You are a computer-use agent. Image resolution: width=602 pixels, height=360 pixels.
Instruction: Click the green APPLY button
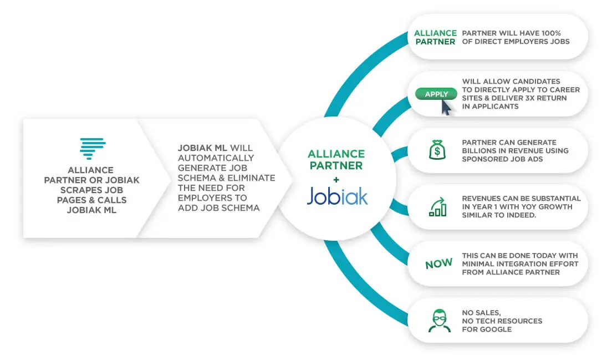point(436,94)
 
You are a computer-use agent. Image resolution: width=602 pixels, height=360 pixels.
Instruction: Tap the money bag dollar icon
point(437,150)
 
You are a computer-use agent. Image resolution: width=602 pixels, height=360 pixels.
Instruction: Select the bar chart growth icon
point(438,207)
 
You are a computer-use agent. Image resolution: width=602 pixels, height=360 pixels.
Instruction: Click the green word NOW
point(439,263)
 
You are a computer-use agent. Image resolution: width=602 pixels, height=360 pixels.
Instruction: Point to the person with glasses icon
point(439,321)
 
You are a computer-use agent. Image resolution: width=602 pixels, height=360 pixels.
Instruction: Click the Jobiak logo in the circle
point(337,196)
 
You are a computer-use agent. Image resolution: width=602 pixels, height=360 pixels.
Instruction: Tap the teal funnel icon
point(93,149)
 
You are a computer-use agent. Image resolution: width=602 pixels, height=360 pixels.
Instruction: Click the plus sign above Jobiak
point(336,179)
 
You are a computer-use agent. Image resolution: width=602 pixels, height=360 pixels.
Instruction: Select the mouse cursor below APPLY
point(446,107)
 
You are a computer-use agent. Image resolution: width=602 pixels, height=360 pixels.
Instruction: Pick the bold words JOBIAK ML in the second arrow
point(203,148)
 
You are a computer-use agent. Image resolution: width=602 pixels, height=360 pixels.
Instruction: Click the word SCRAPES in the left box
point(76,190)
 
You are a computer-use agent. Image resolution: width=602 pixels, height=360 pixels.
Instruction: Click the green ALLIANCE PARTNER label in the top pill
point(435,37)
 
